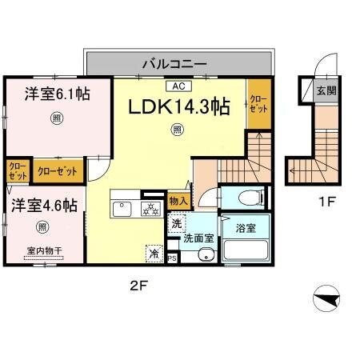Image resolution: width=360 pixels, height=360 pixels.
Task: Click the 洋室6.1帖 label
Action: point(55,94)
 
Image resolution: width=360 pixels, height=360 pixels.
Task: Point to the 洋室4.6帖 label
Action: point(44,205)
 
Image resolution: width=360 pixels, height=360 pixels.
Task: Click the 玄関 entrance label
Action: point(326,90)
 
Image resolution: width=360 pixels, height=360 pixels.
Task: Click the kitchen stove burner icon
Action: point(150,210)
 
